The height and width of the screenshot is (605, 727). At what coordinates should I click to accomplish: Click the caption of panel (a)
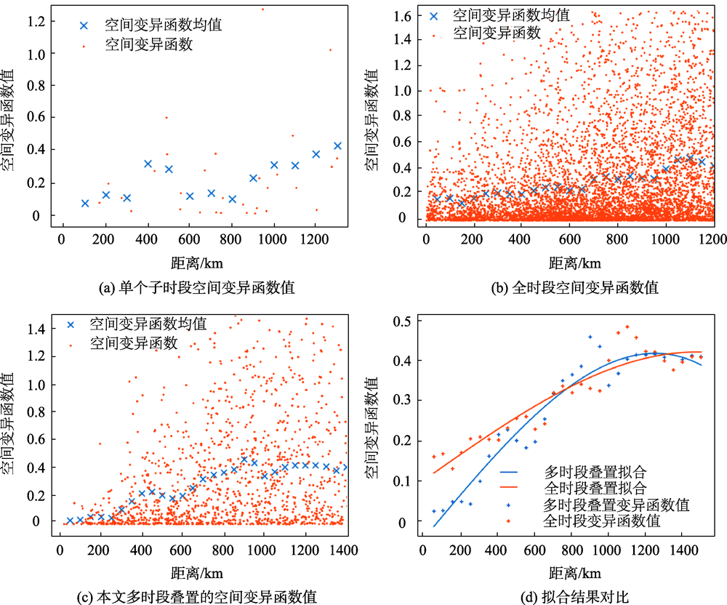[194, 287]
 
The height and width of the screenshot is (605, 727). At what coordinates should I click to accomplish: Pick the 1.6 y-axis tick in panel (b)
[406, 15]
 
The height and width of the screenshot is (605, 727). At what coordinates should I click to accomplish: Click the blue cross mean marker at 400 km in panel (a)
[148, 164]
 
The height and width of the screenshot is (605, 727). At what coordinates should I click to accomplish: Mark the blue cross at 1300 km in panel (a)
[337, 145]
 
